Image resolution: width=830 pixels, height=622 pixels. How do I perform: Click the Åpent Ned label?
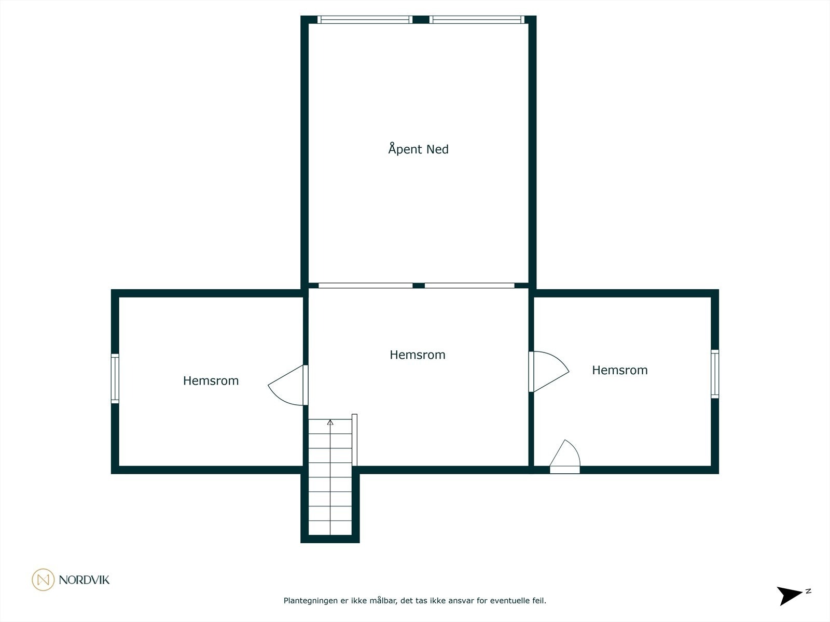coord(418,149)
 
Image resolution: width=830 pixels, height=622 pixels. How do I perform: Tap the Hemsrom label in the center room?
coord(417,355)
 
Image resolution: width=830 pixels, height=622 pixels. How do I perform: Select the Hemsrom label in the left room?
coord(211,381)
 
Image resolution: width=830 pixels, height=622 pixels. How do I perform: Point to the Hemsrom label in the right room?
coord(619,370)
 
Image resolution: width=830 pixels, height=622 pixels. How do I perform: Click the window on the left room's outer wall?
coord(115,378)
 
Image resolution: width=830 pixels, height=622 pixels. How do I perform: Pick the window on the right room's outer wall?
coord(715,374)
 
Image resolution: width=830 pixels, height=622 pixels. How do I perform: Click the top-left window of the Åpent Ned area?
coord(365,20)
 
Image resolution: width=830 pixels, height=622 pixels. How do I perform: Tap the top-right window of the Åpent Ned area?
coord(477,20)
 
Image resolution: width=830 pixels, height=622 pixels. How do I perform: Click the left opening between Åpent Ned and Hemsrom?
coord(365,286)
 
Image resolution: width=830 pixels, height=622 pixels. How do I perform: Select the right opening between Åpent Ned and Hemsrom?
coord(469,286)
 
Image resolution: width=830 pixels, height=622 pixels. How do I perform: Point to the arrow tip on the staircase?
coord(330,422)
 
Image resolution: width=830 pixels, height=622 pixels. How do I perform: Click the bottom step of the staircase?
coord(330,528)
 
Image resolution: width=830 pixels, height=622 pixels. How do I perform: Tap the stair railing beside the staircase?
coord(355,441)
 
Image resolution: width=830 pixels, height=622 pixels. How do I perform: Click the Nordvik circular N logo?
coord(43,579)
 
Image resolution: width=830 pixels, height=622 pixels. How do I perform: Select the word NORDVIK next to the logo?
coord(84,580)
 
